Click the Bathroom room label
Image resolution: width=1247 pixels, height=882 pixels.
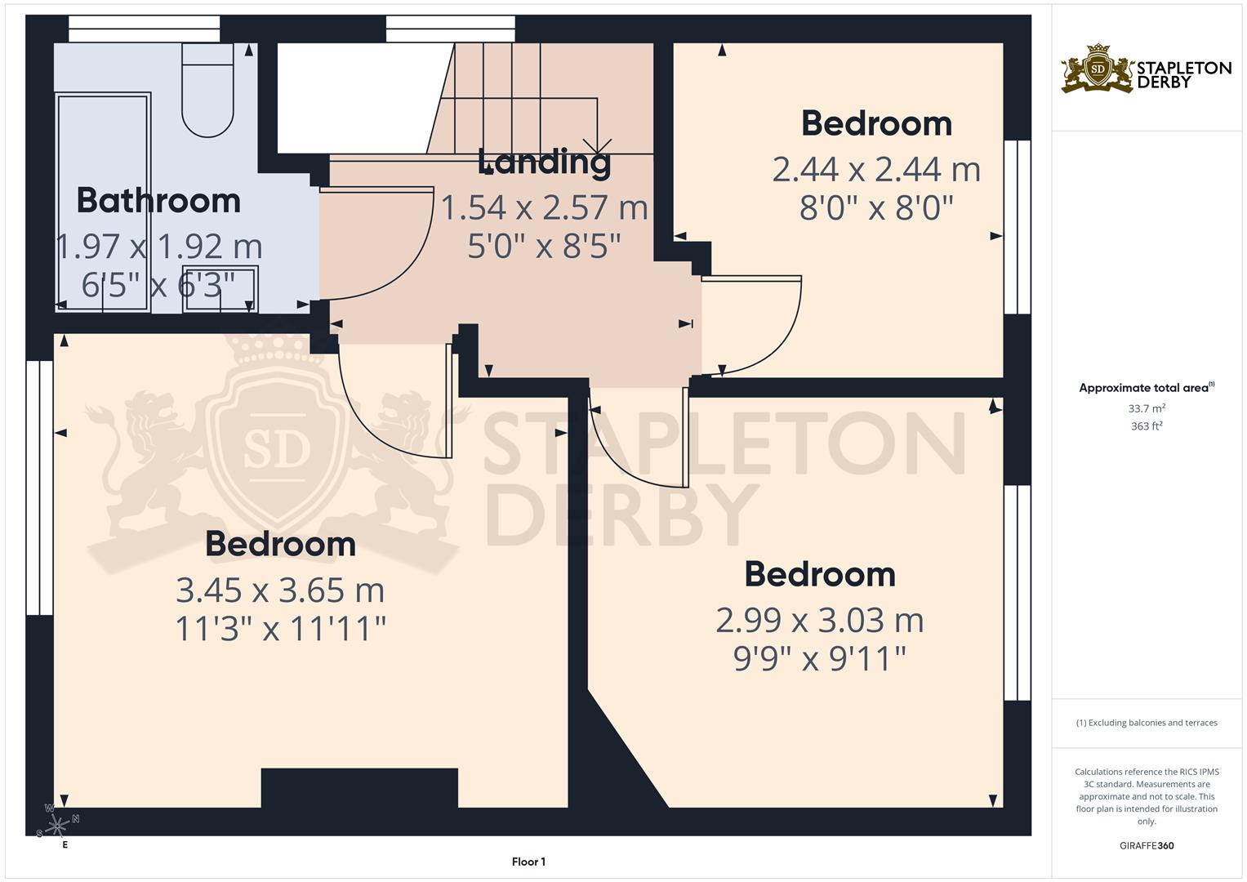[x=158, y=200]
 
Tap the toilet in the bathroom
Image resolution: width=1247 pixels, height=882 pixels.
[x=207, y=90]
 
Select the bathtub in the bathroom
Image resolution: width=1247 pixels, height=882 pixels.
[x=103, y=203]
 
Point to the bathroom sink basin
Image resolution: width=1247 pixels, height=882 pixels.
[x=220, y=288]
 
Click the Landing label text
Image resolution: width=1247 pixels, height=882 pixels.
[x=544, y=163]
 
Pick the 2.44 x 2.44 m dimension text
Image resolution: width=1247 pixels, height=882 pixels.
[x=876, y=170]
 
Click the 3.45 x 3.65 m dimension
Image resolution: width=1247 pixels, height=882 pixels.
[x=280, y=590]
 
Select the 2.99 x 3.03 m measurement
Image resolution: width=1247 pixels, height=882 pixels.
[x=819, y=621]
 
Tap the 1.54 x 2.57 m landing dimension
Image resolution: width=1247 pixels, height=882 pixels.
[x=544, y=207]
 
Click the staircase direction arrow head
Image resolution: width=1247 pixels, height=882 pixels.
[x=597, y=146]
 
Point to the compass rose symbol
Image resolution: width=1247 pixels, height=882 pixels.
[x=57, y=825]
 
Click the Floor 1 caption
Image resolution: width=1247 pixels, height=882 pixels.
[x=528, y=862]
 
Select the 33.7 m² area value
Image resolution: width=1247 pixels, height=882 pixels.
[x=1147, y=408]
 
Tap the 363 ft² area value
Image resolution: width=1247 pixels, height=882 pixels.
[x=1147, y=426]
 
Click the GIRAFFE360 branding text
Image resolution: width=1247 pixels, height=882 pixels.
[x=1147, y=845]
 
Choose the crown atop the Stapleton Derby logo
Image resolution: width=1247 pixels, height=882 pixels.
[x=1098, y=49]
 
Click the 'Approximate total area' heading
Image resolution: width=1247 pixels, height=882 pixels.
[x=1147, y=388]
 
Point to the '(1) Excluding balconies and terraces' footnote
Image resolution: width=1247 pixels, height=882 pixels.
[x=1147, y=723]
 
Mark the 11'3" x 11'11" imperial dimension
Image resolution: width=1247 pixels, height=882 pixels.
[x=280, y=629]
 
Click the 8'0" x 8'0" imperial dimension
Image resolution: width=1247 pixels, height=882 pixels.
[x=876, y=208]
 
